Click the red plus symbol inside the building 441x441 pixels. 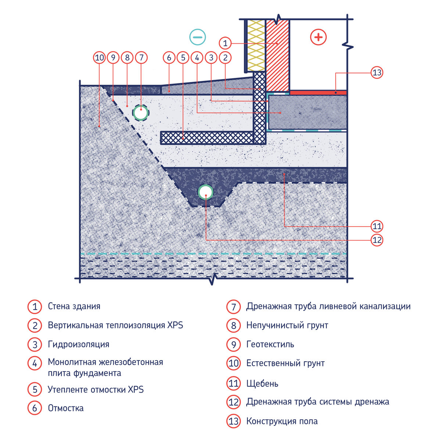tap(318, 37)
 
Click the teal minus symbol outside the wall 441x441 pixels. tap(197, 37)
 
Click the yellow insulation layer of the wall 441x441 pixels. tap(256, 45)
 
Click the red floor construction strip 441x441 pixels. tap(318, 93)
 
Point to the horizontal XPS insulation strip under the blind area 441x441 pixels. tap(207, 138)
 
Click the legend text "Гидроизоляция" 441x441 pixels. tap(79, 344)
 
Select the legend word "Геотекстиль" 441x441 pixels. tap(270, 344)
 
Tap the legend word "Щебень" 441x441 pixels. tap(262, 383)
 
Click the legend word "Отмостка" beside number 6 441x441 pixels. tap(66, 408)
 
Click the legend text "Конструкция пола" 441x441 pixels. tap(282, 421)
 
